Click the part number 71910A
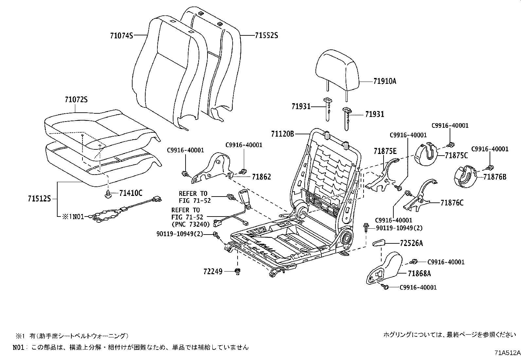385,81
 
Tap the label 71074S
121,35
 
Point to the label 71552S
266,35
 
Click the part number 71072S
76,100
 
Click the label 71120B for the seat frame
282,134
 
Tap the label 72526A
411,243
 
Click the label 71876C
452,203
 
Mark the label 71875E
385,151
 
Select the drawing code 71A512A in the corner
507,353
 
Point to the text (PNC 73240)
190,224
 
